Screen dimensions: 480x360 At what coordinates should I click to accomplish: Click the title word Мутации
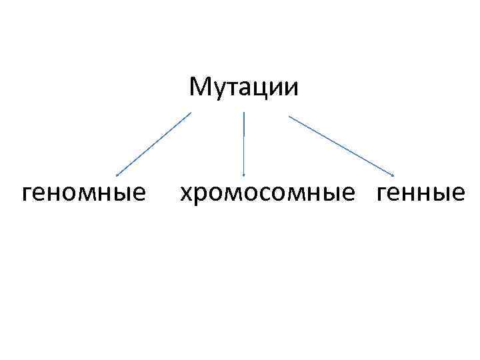244,87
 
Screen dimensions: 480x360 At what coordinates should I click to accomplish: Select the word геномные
84,193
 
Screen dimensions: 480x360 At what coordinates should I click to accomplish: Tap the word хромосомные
267,193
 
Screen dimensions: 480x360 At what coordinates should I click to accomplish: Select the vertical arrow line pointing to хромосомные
244,143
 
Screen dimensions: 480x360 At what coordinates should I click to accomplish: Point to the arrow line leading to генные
340,145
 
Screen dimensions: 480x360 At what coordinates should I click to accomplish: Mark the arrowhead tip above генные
393,176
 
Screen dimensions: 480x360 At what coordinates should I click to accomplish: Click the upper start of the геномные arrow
191,113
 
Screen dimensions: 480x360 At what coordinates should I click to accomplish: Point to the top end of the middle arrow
244,113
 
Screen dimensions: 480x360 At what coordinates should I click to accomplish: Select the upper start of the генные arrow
289,117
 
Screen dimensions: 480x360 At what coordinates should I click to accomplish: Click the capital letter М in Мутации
199,87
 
